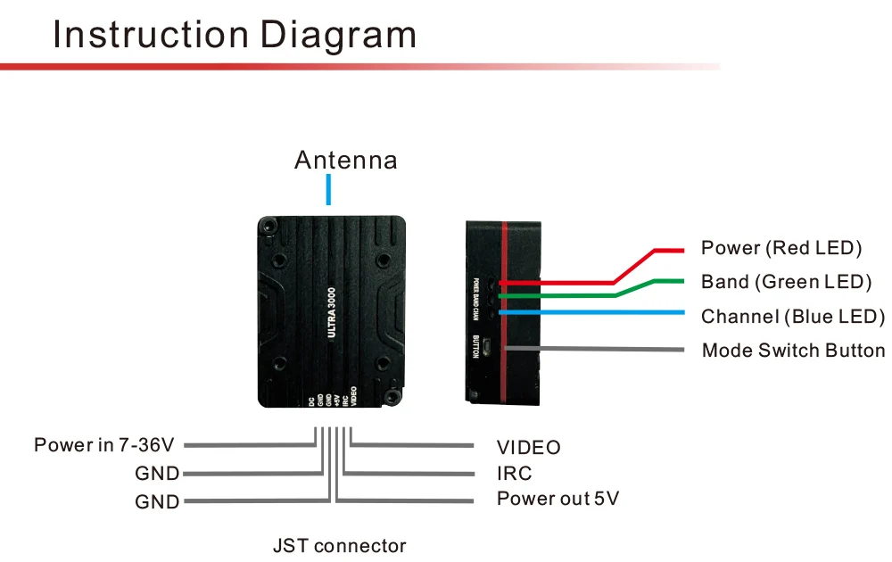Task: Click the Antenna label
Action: (x=345, y=161)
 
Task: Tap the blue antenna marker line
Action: (x=329, y=189)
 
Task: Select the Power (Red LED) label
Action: (x=781, y=248)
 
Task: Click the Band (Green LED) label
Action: (x=786, y=283)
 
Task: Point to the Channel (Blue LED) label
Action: (x=793, y=317)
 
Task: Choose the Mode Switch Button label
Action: (x=793, y=351)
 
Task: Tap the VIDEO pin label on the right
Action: (x=529, y=447)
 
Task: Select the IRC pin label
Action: (x=515, y=473)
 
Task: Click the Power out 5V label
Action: (x=557, y=499)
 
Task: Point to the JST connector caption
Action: (x=339, y=546)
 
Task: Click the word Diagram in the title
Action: (x=339, y=35)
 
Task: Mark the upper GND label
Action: (x=157, y=474)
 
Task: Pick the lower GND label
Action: (x=157, y=501)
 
